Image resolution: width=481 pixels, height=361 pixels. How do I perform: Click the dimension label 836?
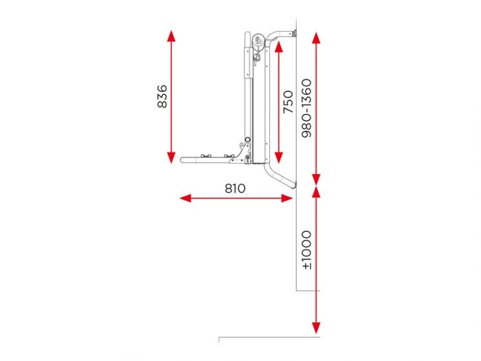pyautogui.click(x=162, y=98)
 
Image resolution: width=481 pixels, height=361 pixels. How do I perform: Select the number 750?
pyautogui.click(x=288, y=102)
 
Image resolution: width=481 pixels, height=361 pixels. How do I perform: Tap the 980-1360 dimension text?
pyautogui.click(x=306, y=108)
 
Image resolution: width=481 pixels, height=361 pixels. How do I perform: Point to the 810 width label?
pyautogui.click(x=234, y=188)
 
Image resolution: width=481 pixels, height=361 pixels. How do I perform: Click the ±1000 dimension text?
pyautogui.click(x=306, y=250)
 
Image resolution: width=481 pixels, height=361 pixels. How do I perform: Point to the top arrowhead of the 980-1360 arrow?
pyautogui.click(x=315, y=36)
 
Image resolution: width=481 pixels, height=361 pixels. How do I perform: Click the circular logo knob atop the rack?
pyautogui.click(x=258, y=42)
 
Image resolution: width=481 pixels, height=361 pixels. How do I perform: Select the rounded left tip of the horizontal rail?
pyautogui.click(x=183, y=160)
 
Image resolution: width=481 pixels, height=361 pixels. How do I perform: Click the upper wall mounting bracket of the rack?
pyautogui.click(x=291, y=32)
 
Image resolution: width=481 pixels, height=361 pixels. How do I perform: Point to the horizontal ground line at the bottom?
pyautogui.click(x=268, y=338)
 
